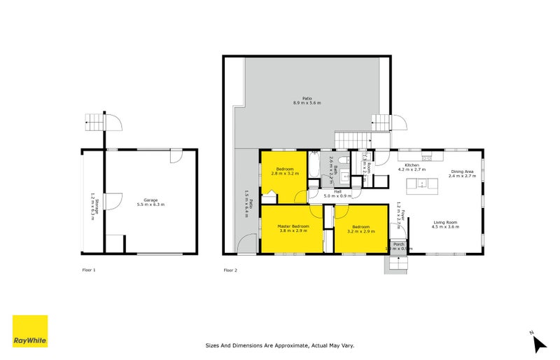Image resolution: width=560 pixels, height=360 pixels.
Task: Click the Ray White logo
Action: tap(30, 331)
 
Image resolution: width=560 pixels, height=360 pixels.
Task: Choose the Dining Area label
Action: tap(462, 172)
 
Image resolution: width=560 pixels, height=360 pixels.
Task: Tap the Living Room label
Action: tap(444, 222)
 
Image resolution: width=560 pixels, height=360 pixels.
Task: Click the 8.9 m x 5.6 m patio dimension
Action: tap(307, 103)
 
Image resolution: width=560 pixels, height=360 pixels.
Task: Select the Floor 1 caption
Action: tap(89, 270)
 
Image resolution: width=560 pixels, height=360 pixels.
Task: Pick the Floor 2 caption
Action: tap(230, 270)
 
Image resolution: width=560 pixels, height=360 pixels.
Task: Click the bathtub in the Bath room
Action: tap(314, 169)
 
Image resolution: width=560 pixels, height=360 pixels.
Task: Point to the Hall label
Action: tap(337, 191)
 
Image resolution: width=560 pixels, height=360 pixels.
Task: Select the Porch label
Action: tap(397, 244)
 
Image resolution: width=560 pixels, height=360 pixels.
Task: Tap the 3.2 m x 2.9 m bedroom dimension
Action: tap(361, 230)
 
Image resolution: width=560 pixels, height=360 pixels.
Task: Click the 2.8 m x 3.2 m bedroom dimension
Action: tap(285, 174)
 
